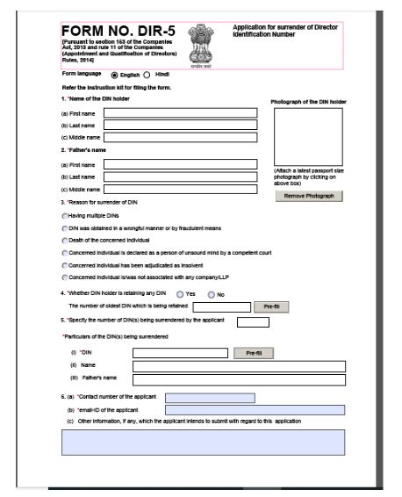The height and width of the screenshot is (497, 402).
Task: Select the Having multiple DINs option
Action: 65,215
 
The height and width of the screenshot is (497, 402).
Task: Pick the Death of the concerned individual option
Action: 65,240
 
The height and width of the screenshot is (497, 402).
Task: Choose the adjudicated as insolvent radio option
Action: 65,264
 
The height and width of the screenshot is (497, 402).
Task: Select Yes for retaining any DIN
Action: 180,293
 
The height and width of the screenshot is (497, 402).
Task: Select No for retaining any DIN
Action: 211,293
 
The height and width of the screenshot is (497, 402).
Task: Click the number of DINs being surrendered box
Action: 253,322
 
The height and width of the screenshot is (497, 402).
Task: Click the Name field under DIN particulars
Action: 238,366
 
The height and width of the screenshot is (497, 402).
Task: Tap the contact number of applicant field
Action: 210,398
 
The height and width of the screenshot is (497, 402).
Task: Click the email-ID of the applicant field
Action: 255,410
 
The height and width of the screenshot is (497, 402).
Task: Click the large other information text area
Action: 203,443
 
